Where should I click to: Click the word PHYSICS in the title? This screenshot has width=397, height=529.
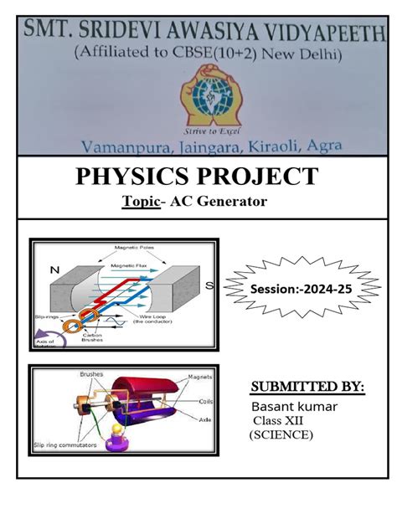(x=127, y=177)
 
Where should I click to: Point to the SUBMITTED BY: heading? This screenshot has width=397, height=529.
(x=307, y=386)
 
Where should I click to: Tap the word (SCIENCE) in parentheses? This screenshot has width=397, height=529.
(x=281, y=435)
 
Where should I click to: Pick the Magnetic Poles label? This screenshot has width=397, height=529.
(x=134, y=245)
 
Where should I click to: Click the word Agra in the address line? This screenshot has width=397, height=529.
(x=325, y=145)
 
